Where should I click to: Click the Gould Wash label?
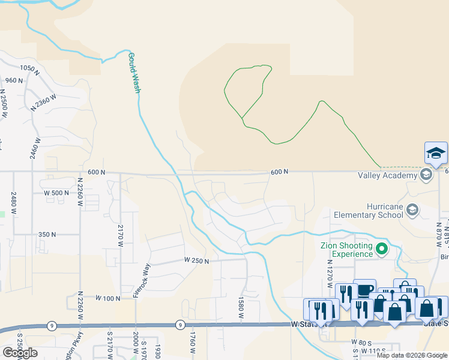134,73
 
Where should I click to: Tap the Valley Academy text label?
387,175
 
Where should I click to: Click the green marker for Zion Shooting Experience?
382,248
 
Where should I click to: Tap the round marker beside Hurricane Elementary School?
412,210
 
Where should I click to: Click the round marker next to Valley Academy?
426,175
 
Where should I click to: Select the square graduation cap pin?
436,154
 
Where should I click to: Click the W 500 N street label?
57,193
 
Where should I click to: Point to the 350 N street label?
47,235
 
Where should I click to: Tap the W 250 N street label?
196,261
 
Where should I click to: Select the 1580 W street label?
241,307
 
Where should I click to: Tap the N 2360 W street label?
44,101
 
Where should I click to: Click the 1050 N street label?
28,68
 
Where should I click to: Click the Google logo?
20,353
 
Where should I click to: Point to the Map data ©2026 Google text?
412,355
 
